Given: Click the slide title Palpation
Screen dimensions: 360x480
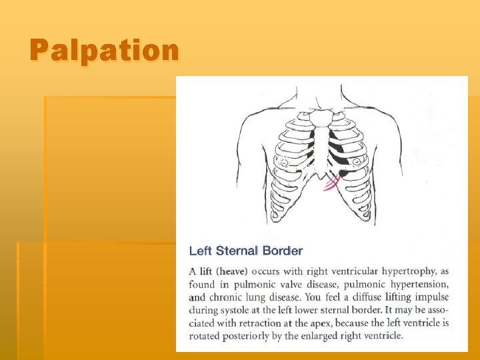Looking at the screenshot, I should [x=104, y=50].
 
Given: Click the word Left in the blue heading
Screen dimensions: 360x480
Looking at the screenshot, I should [x=201, y=251].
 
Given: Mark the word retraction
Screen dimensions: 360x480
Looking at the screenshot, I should [x=268, y=323].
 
